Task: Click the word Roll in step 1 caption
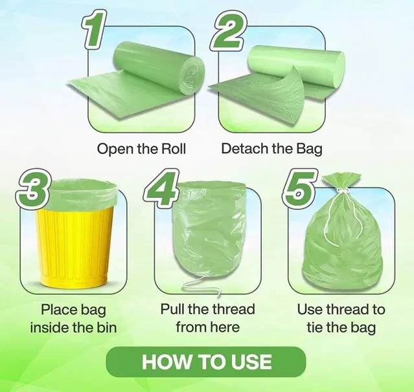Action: (171, 149)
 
